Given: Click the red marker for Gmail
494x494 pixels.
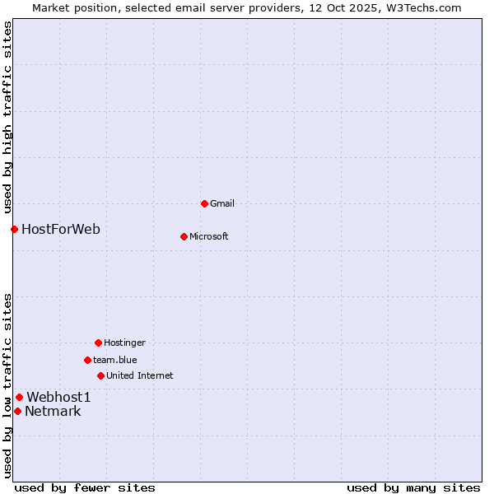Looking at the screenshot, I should point(204,203).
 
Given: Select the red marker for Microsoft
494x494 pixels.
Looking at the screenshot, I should point(184,236).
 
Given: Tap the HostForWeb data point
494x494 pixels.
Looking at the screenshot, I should point(14,229).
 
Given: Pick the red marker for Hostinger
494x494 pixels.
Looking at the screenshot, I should point(98,343).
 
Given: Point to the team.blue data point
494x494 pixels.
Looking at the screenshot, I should point(87,360).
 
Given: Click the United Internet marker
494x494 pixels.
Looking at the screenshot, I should point(100,375).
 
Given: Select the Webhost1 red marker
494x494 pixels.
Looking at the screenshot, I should point(19,397).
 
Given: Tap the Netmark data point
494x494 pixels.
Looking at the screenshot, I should point(17,411).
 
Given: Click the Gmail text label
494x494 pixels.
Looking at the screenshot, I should point(222,203).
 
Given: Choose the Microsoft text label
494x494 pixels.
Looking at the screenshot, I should point(209,236).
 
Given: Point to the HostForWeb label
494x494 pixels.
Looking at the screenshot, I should point(61,229).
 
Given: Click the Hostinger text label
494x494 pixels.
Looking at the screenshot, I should point(124,343).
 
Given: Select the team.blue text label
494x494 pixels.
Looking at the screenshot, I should point(115,360).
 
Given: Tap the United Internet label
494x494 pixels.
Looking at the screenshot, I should point(140,375).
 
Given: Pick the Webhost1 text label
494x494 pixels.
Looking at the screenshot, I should point(58,397).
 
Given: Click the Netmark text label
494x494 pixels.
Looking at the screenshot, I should point(53,411).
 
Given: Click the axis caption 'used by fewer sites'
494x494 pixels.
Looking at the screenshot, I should point(85,487).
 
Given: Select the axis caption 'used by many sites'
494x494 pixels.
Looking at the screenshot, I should point(413,487).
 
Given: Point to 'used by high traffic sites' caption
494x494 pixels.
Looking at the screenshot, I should point(7,116).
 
